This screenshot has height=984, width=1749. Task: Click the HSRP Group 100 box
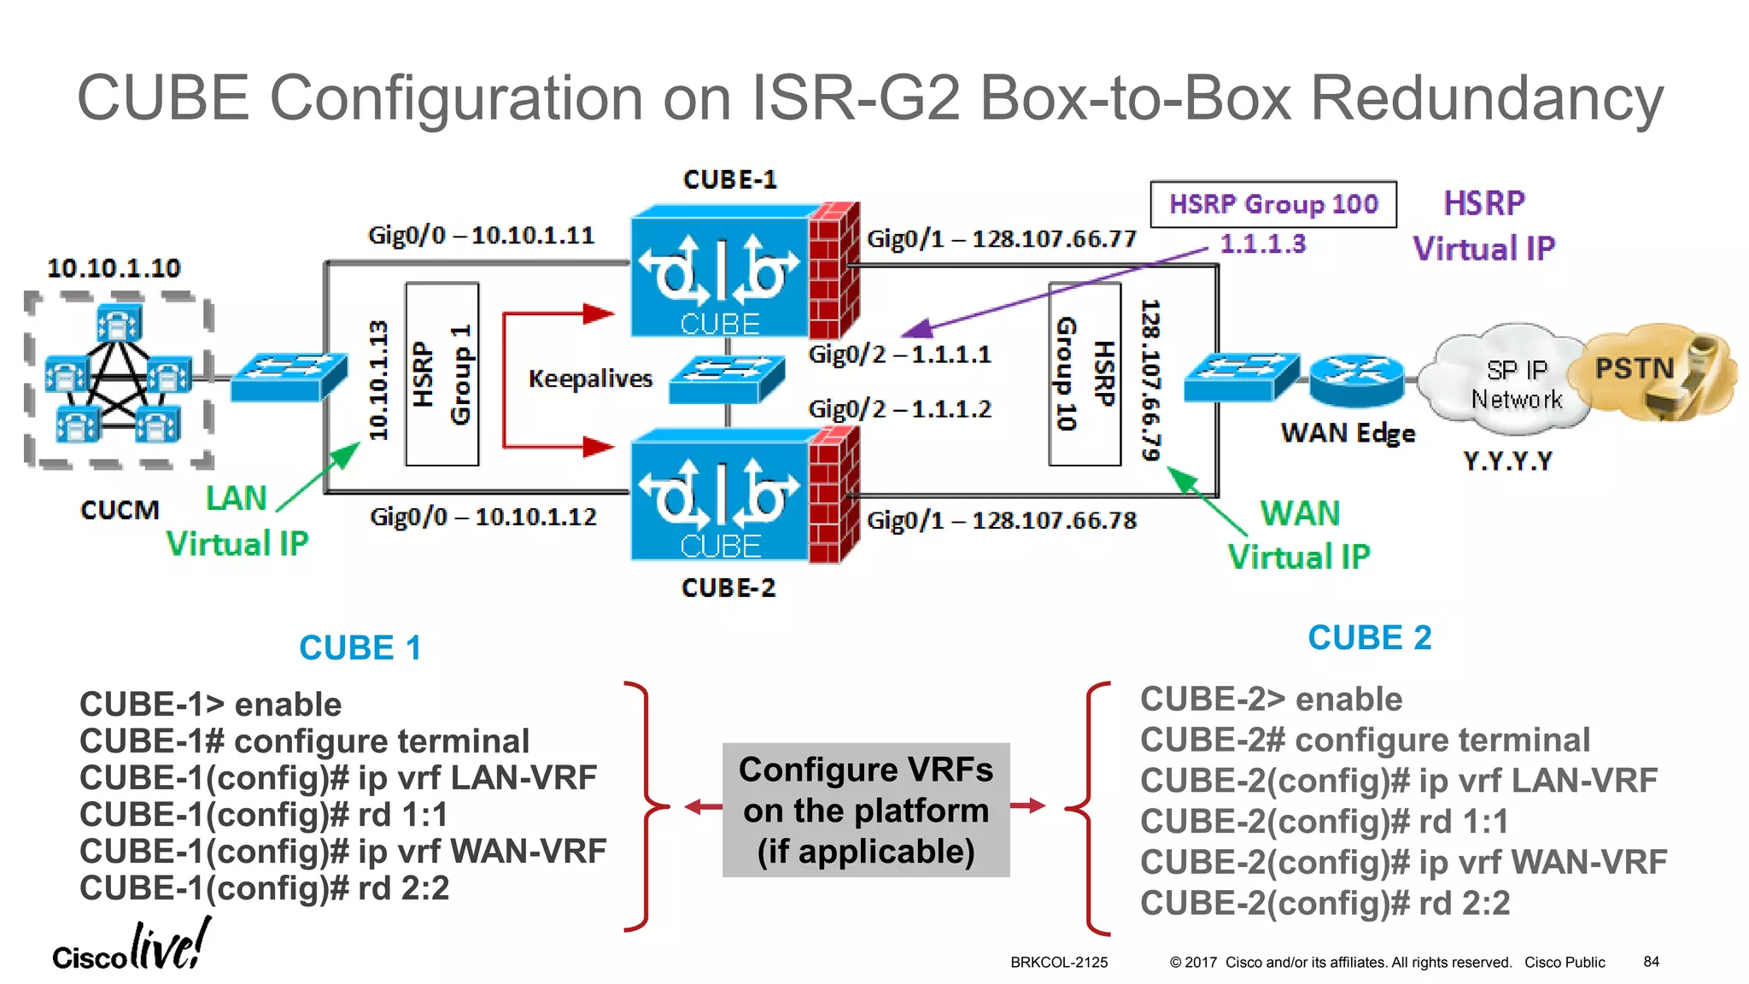click(1272, 204)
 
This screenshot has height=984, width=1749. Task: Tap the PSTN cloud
click(1652, 372)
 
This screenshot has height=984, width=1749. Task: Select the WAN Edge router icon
click(1356, 379)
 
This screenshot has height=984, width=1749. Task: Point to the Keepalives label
click(590, 378)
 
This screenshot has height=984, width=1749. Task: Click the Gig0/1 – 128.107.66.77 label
click(1001, 238)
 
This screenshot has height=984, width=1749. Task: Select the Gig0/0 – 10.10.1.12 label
click(483, 517)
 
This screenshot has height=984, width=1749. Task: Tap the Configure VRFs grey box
click(865, 810)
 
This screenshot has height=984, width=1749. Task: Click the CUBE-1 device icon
click(743, 272)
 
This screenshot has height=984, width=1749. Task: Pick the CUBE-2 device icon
click(743, 495)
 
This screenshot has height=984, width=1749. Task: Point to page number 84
click(1651, 962)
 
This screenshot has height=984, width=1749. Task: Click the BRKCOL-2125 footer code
click(1059, 963)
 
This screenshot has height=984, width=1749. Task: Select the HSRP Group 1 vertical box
click(442, 374)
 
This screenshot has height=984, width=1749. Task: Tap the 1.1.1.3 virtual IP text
click(1262, 244)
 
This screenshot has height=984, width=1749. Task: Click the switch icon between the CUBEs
click(726, 379)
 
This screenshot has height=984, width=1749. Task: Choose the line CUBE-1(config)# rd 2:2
click(264, 888)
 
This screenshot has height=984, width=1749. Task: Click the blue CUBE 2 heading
click(1369, 638)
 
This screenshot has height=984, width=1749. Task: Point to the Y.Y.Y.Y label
click(1507, 461)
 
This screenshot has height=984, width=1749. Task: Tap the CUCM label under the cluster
click(120, 510)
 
